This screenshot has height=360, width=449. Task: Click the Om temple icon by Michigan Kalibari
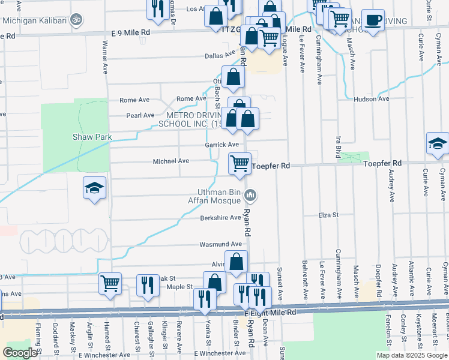pyautogui.click(x=76, y=20)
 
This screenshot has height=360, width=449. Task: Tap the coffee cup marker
pyautogui.click(x=373, y=20)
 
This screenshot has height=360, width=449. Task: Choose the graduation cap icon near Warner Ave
pyautogui.click(x=95, y=188)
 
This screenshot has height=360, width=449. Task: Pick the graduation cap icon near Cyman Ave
pyautogui.click(x=438, y=145)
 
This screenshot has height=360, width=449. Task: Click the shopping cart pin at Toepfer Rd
pyautogui.click(x=240, y=163)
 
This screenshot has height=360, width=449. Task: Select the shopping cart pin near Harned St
pyautogui.click(x=110, y=283)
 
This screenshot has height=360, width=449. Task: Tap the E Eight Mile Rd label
pyautogui.click(x=271, y=313)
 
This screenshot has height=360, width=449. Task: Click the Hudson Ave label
pyautogui.click(x=372, y=99)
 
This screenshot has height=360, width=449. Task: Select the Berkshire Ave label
pyautogui.click(x=220, y=218)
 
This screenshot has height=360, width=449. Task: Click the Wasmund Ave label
pyautogui.click(x=221, y=245)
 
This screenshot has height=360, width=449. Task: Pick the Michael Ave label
pyautogui.click(x=171, y=161)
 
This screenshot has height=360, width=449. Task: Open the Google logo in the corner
pyautogui.click(x=20, y=353)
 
